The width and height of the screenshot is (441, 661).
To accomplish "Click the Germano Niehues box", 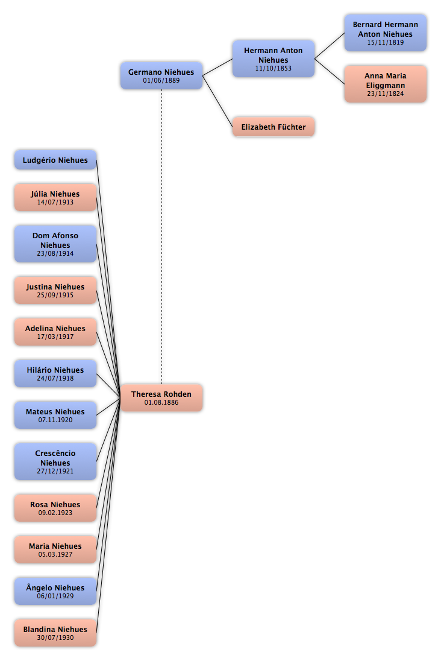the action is point(161,76).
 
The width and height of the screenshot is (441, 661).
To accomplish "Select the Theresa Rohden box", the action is point(161,398).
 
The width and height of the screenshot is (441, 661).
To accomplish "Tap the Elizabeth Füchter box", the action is point(274,127).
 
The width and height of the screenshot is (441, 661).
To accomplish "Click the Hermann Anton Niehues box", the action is point(274,59).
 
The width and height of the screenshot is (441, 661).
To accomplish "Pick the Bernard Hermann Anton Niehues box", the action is point(386,33).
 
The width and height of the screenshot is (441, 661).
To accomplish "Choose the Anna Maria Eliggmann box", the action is point(386,84).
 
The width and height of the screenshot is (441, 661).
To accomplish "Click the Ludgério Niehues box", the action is point(55,160).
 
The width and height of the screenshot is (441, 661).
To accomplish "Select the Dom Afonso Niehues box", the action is point(55,244).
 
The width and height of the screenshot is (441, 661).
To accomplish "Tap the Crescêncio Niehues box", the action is point(55,461).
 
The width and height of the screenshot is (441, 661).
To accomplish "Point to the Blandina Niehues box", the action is point(55,633).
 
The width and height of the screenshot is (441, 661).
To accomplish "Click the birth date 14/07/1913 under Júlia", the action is point(55,203).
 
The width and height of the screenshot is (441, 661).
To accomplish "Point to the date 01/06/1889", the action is point(161,81).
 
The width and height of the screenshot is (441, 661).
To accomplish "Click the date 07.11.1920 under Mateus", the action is point(55,420).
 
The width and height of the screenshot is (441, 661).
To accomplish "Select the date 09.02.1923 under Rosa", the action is point(55,513).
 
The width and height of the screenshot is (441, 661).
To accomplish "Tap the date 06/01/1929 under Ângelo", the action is point(55,596).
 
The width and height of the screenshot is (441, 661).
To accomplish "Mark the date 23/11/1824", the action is point(386,93).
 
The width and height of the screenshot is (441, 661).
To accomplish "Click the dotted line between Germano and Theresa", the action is point(161,237).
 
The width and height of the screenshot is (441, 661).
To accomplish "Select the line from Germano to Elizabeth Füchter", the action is point(217,101).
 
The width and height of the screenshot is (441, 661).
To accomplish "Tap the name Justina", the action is point(40,287).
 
